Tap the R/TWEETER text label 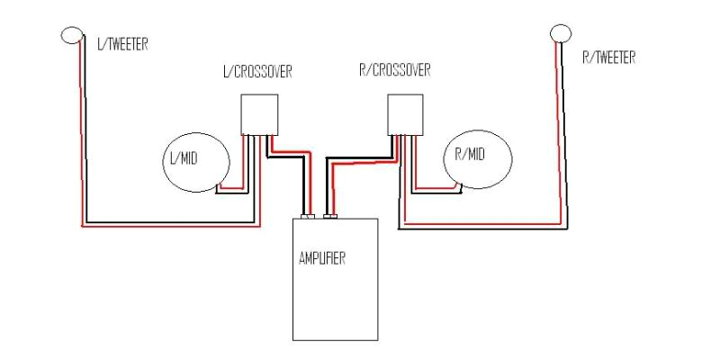coord(609,58)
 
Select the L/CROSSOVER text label coord(256,71)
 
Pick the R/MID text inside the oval coord(469,155)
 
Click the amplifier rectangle coord(335,279)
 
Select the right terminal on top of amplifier coord(330,217)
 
